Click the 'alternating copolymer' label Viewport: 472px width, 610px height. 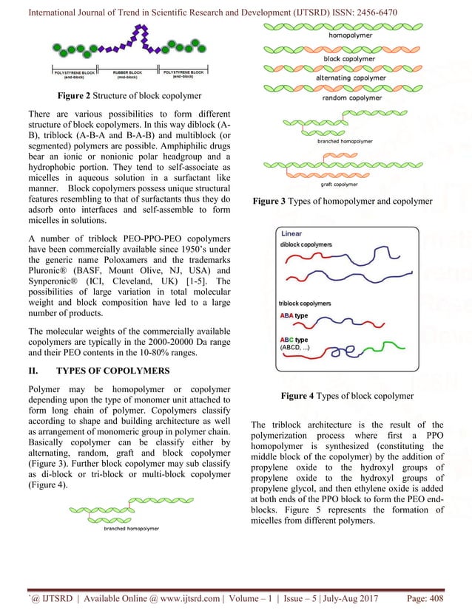click(x=353, y=77)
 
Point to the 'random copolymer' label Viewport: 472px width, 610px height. click(x=353, y=97)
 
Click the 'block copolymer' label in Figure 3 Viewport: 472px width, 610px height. click(x=353, y=56)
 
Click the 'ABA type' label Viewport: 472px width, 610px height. click(x=294, y=315)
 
